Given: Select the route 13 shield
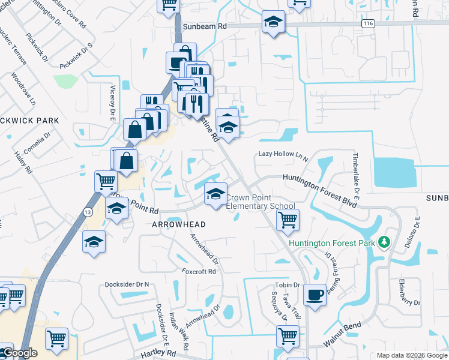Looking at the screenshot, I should pyautogui.click(x=88, y=211).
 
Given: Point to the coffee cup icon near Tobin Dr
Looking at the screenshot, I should pyautogui.click(x=315, y=295).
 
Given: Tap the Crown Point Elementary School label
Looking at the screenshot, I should pyautogui.click(x=261, y=202).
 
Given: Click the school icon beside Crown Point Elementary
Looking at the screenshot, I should pyautogui.click(x=215, y=193).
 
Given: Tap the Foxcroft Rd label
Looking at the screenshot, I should pyautogui.click(x=198, y=271).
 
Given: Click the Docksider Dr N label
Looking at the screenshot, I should pyautogui.click(x=127, y=284).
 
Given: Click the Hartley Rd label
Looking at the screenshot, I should pyautogui.click(x=157, y=355).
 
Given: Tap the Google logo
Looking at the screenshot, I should pyautogui.click(x=19, y=353).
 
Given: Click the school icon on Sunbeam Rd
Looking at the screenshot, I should pyautogui.click(x=273, y=22).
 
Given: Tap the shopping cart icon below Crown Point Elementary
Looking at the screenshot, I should pyautogui.click(x=288, y=220).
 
